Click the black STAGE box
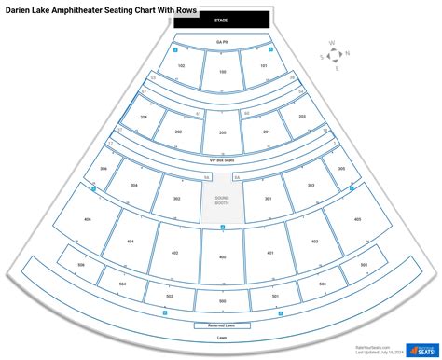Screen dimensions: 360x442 [221, 20]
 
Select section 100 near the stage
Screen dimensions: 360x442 [221, 72]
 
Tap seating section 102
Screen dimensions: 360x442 [181, 66]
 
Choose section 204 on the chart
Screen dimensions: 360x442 [145, 118]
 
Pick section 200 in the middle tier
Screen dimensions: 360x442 [221, 132]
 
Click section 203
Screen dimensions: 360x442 [301, 118]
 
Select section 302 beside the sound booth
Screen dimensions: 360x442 [176, 199]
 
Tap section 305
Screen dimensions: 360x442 [341, 169]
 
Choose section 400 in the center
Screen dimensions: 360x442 [221, 256]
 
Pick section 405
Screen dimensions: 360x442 [356, 218]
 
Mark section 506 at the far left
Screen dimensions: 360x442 [81, 266]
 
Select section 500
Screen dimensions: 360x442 [221, 302]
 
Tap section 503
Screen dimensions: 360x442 [322, 284]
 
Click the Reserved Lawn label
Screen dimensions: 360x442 [221, 325]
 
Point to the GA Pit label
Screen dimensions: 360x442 [221, 42]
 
